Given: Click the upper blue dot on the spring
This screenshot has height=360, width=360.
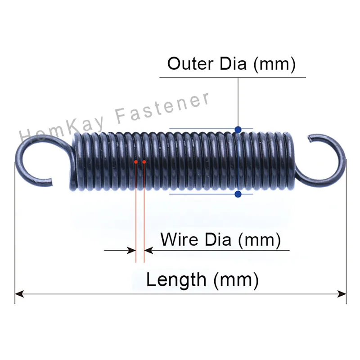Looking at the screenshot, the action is point(238,130).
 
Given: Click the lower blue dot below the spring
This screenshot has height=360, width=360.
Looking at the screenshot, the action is point(238,194).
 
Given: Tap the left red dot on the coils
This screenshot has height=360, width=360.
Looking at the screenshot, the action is point(136,162).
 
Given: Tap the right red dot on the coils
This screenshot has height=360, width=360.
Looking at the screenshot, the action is point(144,162).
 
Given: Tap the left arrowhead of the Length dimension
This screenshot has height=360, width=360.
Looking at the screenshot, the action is point(19,294).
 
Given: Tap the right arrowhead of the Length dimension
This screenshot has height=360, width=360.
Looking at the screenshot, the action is point(342,294).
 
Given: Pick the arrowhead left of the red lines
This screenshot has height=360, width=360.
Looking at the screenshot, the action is point(131,250).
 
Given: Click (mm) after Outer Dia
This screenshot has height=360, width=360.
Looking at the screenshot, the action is point(274,63).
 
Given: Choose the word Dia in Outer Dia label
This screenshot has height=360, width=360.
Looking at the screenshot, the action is point(232,63).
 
